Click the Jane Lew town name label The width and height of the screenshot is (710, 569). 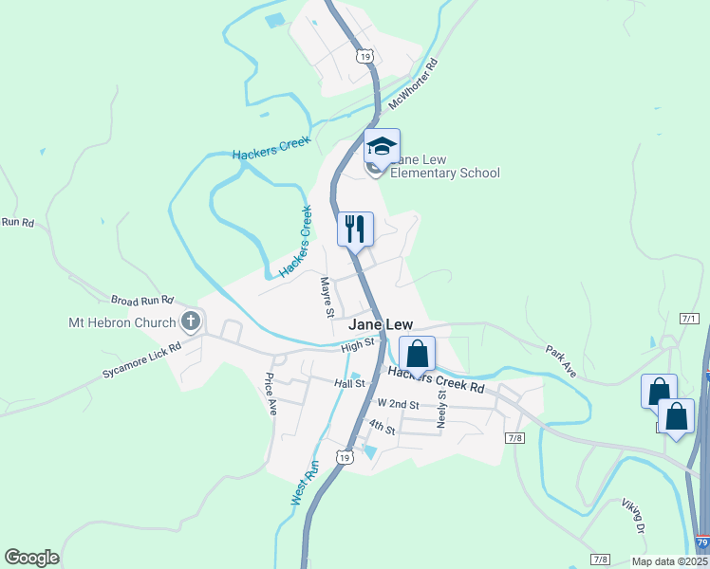(380, 324)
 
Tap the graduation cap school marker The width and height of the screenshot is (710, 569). (382, 147)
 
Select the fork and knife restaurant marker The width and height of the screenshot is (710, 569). (355, 228)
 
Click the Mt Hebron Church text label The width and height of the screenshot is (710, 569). (122, 322)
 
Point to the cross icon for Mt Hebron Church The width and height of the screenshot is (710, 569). (191, 321)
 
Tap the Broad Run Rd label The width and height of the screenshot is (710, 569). (143, 299)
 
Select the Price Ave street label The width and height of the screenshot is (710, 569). (271, 395)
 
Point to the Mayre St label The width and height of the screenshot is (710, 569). (327, 297)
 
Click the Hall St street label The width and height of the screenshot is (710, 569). (349, 383)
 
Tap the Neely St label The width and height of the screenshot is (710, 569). (441, 408)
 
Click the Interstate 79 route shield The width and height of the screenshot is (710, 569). (701, 542)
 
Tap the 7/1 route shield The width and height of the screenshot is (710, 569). (689, 319)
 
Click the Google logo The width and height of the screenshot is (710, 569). (32, 558)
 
